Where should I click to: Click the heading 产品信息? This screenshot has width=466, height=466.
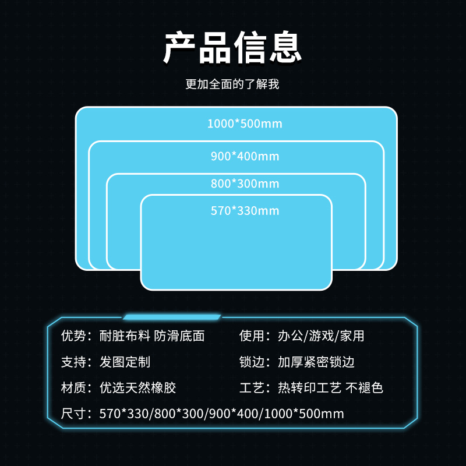(232, 47)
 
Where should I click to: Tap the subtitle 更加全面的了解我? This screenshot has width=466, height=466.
(232, 84)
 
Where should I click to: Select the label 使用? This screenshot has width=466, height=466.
(252, 336)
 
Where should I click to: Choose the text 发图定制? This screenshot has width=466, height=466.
(125, 362)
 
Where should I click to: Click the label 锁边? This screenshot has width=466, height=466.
(252, 362)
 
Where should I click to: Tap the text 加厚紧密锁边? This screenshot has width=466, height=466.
(316, 362)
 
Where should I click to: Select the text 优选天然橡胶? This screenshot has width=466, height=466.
(137, 387)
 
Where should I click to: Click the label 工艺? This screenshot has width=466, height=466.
(252, 387)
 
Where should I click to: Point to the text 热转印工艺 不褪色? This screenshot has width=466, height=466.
(330, 387)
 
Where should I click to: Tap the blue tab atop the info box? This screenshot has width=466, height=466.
(172, 317)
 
